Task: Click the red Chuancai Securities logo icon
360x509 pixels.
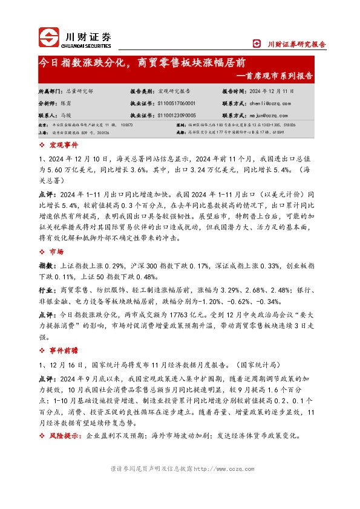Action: [48, 37]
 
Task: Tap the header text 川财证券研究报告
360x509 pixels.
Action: [296, 44]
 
